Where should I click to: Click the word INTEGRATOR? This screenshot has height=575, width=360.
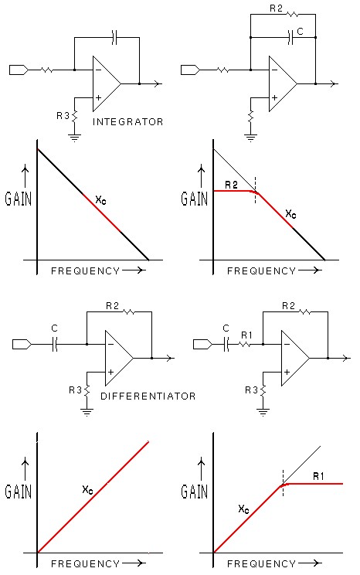(x=128, y=122)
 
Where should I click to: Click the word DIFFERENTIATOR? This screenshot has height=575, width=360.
(x=148, y=396)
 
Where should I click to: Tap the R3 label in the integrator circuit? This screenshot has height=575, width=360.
(x=63, y=116)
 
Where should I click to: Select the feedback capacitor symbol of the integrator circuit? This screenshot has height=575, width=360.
(x=114, y=37)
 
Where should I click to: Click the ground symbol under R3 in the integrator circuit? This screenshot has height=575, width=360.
(x=74, y=138)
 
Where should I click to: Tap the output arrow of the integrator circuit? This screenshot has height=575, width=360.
(x=158, y=84)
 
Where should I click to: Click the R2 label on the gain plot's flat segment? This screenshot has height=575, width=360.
(x=231, y=185)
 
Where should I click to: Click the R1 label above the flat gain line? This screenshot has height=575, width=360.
(x=318, y=476)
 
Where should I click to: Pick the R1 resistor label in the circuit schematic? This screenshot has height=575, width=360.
(x=246, y=335)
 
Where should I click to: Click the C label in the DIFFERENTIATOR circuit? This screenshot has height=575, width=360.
(x=54, y=328)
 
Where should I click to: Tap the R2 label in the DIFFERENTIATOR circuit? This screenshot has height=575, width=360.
(x=112, y=306)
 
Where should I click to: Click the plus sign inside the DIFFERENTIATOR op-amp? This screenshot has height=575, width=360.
(x=110, y=373)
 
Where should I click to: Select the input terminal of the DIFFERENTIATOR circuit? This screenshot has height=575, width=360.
(x=22, y=345)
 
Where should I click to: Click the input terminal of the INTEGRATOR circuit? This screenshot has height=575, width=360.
(x=19, y=70)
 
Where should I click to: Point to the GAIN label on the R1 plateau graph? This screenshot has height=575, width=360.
(x=195, y=492)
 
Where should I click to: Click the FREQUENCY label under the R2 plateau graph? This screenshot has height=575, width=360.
(x=261, y=271)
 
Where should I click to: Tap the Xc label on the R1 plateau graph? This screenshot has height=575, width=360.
(x=244, y=509)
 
